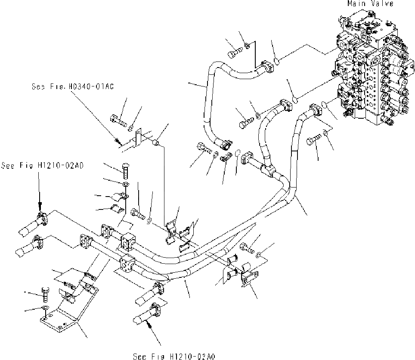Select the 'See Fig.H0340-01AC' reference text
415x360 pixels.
pos(72,86)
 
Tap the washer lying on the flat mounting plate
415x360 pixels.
pos(45,309)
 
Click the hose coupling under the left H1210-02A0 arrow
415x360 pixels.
pos(39,217)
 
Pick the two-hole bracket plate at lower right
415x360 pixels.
pos(250,277)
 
